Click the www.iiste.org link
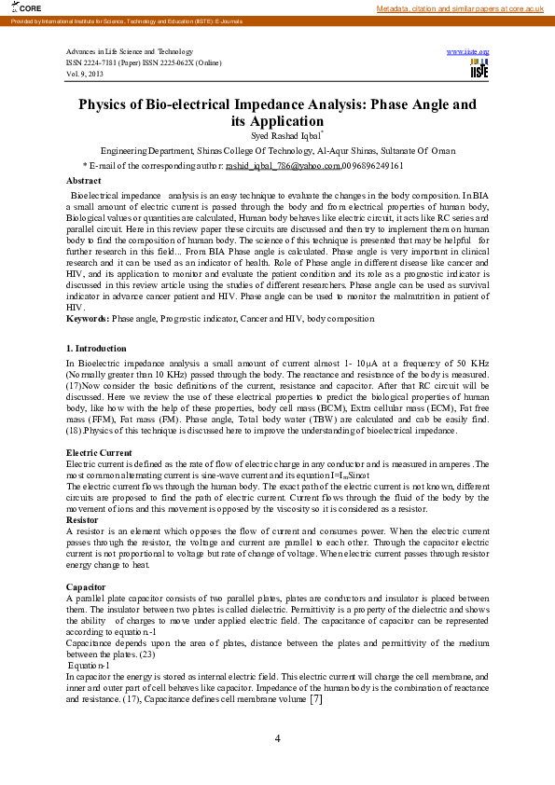coord(468,51)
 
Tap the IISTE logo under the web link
coord(479,70)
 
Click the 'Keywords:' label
coord(88,319)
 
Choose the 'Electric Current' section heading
coord(98,452)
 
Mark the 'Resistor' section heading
coord(82,518)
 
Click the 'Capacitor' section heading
coord(86,586)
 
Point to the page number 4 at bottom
coord(277,738)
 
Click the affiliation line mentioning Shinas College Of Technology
coord(277,150)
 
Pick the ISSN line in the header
coord(144,62)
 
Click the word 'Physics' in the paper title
coord(108,105)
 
